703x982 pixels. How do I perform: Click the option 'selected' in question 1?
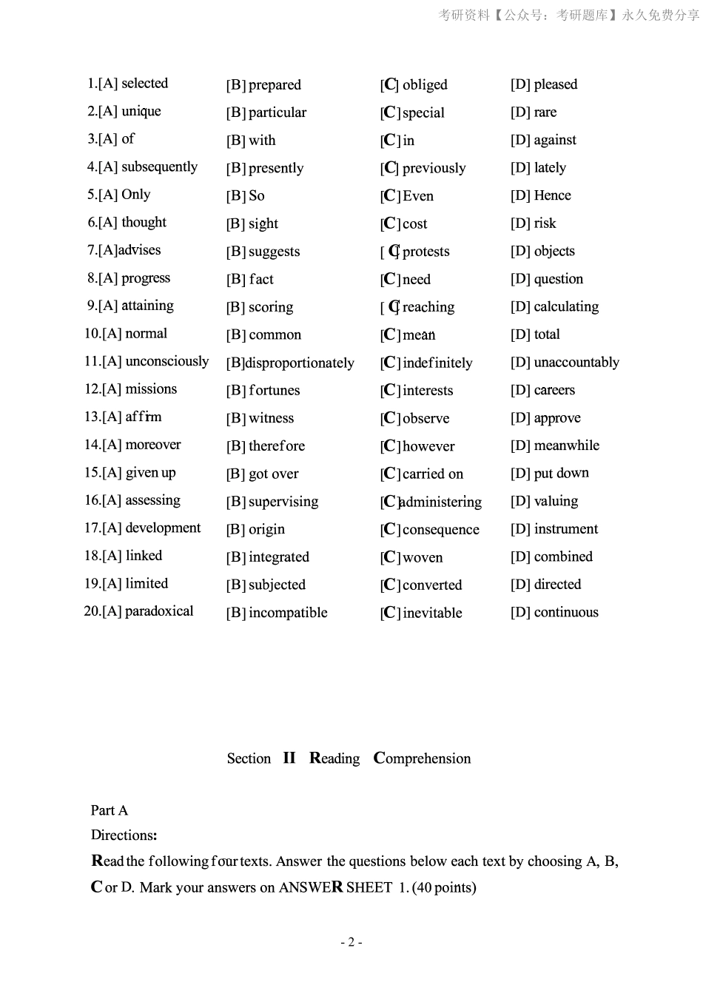tap(144, 84)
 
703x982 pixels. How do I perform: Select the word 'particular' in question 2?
tap(277, 112)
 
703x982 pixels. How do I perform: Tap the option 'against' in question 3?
tap(555, 140)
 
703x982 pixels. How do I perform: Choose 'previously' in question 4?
tap(434, 168)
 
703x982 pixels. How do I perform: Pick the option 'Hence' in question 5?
tap(552, 195)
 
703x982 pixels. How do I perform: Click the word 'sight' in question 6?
tap(263, 223)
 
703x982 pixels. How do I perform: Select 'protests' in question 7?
tap(425, 252)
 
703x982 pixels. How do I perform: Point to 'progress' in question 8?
tap(146, 278)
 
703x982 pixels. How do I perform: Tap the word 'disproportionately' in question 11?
tap(300, 363)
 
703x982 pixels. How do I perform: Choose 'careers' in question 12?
tap(554, 390)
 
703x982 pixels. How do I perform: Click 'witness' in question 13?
tap(271, 418)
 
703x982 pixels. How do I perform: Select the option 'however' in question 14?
tap(428, 446)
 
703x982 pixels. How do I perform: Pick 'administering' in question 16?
tap(441, 502)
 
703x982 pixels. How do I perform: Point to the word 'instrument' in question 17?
tap(566, 529)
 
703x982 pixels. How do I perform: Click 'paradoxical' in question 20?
tap(159, 611)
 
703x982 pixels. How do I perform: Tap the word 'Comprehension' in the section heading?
tap(422, 759)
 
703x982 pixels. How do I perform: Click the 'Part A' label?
tap(110, 810)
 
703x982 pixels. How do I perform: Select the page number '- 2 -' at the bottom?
tap(351, 942)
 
